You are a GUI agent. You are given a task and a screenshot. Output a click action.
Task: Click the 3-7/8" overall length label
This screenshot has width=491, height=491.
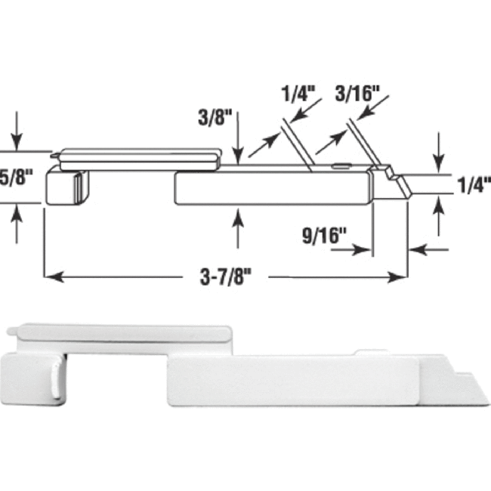point(226,276)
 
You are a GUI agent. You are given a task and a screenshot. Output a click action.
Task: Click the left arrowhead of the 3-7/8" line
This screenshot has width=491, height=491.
point(50,276)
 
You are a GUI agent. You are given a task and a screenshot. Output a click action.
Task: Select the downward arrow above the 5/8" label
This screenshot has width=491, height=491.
point(17,143)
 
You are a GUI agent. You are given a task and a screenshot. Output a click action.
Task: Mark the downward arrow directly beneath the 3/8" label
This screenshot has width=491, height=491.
point(238,155)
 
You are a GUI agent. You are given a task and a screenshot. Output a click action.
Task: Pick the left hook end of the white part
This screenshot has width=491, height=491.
point(32,377)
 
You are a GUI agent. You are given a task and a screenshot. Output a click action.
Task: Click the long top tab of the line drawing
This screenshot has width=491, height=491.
point(136,157)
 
